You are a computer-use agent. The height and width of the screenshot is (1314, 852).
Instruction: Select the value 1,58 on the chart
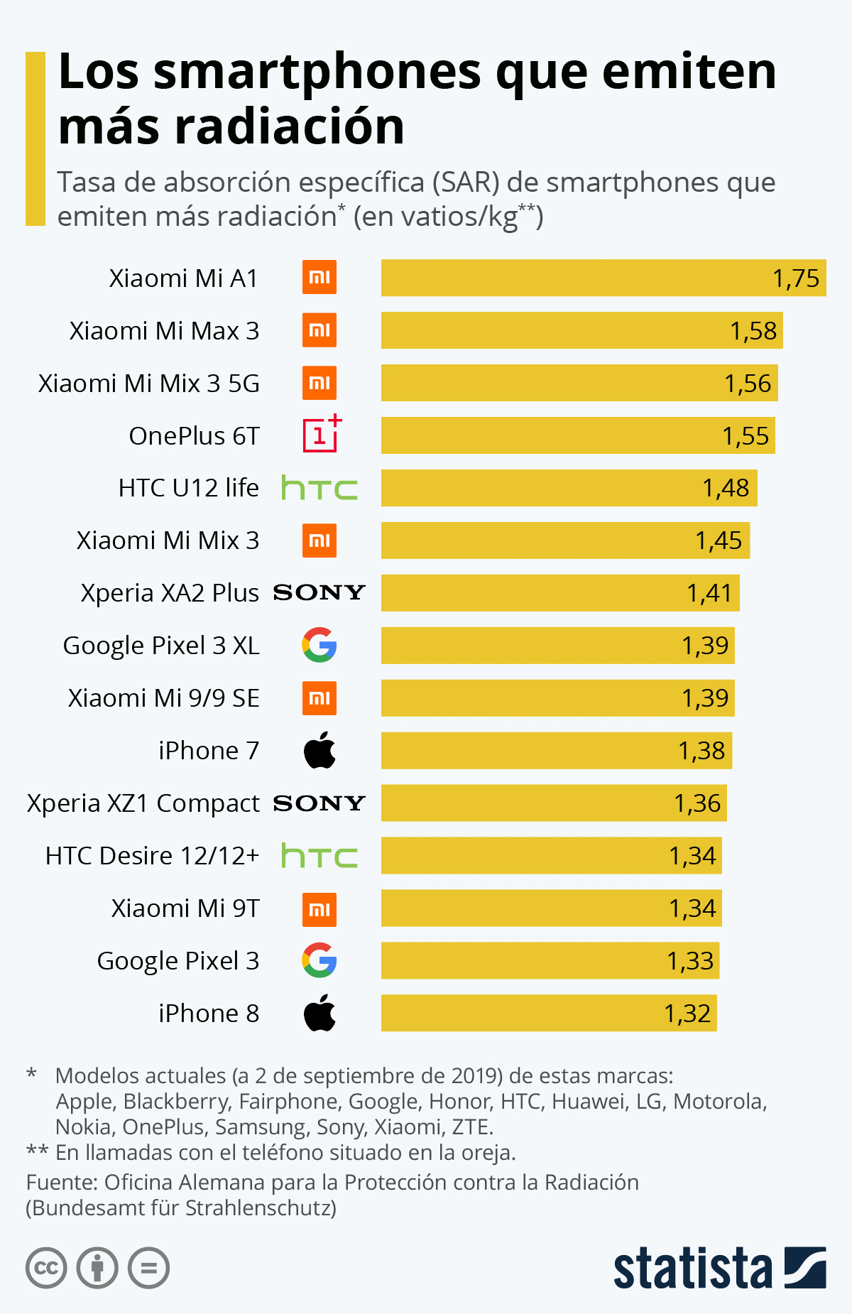(753, 331)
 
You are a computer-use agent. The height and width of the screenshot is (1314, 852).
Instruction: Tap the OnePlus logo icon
(321, 435)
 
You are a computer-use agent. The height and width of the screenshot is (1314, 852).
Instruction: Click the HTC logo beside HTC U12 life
(319, 488)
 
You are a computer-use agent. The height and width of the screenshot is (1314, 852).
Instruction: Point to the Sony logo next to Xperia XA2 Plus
(319, 592)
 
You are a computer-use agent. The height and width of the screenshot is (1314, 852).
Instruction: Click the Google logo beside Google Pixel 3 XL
(319, 645)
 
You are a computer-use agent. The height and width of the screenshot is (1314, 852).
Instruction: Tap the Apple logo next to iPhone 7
(319, 750)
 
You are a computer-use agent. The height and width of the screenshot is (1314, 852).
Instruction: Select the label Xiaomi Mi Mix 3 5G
(149, 384)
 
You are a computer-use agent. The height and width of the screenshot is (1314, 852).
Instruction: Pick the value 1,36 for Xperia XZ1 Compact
(697, 803)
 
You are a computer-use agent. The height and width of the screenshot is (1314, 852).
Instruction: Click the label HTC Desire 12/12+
(152, 856)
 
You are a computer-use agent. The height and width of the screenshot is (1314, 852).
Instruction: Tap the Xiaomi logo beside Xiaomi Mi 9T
(319, 909)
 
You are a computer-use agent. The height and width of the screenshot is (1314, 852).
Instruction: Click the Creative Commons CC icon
(46, 1268)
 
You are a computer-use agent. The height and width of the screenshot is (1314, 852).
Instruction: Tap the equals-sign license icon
(148, 1268)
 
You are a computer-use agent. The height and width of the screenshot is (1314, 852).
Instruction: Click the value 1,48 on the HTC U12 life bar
(726, 488)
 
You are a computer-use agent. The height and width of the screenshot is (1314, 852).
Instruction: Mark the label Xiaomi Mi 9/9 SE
(163, 698)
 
